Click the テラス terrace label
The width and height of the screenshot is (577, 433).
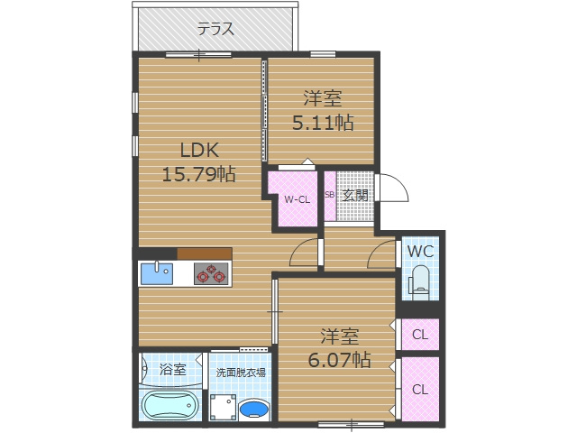click(216, 29)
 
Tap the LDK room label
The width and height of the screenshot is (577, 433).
click(199, 151)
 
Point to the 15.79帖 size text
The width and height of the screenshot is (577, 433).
click(198, 174)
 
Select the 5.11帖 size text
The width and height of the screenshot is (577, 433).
click(323, 123)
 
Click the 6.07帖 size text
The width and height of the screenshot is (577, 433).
click(339, 359)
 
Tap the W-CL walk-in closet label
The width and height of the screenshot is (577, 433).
click(298, 199)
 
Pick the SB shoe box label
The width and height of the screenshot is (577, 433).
click(329, 195)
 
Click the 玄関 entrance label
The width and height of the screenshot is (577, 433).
click(355, 195)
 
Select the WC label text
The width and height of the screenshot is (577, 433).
click(420, 252)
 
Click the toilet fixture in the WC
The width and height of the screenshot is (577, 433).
click(419, 281)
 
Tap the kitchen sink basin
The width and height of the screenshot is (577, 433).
click(157, 273)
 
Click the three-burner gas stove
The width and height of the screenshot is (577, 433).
click(211, 273)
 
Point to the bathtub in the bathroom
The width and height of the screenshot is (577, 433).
click(170, 405)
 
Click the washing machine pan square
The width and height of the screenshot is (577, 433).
click(223, 407)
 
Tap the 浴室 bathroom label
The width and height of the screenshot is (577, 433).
click(172, 369)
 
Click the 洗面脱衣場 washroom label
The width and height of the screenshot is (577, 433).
click(241, 373)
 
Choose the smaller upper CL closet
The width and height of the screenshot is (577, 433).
click(420, 335)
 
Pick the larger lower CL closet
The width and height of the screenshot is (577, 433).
click(420, 389)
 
